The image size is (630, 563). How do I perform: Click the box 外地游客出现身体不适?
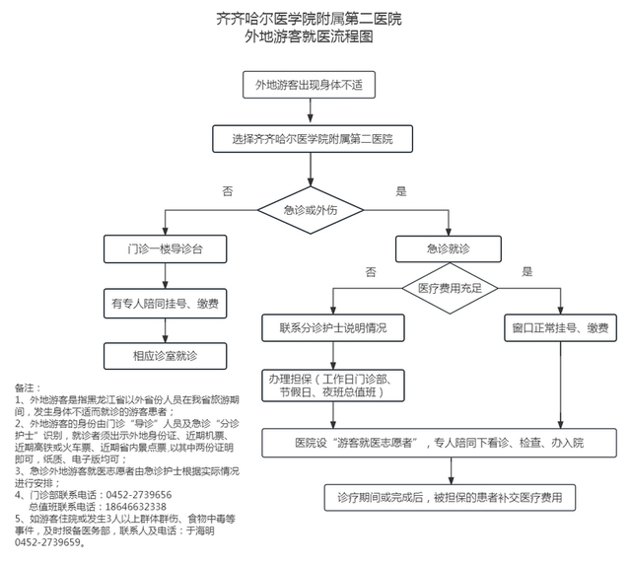pos(310,85)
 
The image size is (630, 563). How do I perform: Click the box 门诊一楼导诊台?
pos(166,247)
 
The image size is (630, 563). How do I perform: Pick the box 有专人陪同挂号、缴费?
pos(166,302)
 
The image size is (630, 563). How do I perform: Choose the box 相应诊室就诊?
pos(166,355)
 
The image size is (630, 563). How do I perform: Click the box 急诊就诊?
pos(451,247)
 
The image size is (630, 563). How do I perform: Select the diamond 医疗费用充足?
pos(451,288)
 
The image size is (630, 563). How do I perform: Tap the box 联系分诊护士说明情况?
pos(333,327)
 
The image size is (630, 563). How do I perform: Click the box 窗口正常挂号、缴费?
pos(560,327)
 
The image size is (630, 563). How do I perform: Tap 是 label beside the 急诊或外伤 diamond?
pos(401,190)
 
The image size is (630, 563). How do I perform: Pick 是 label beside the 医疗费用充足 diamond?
pos(527,271)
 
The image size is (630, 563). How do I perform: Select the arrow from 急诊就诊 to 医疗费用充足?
pos(451,265)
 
